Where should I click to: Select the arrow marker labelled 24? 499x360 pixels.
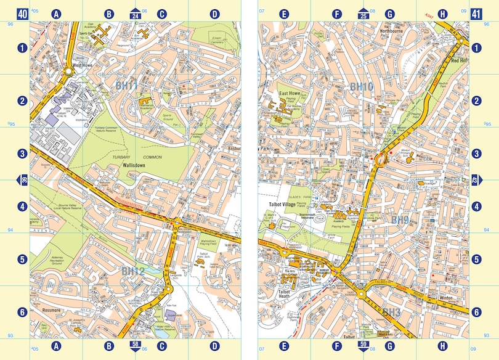click(136, 14)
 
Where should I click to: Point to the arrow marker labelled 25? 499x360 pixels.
click(363, 14)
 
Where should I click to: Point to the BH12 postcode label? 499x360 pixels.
click(132, 271)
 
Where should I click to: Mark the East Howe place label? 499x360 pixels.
click(290, 94)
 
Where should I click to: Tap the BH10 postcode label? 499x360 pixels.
click(362, 88)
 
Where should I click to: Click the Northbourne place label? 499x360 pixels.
click(395, 30)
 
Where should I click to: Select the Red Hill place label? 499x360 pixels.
click(460, 61)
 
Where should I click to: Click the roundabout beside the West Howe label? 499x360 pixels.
click(69, 72)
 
